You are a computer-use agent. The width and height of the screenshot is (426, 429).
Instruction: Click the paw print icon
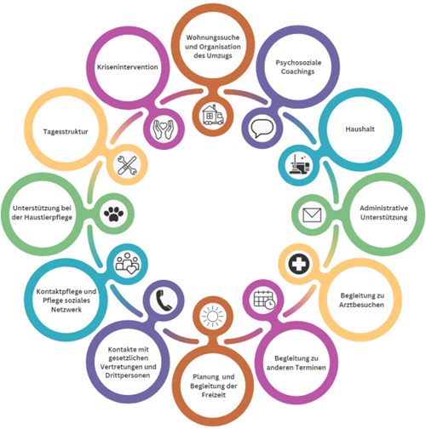(x=113, y=214)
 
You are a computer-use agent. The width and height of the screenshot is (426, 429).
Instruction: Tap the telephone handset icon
(x=164, y=300)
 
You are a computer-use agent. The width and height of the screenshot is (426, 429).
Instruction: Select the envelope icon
(x=312, y=214)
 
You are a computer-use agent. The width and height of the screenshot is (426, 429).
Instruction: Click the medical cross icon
(x=299, y=264)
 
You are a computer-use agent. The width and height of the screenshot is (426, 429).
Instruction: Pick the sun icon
(x=212, y=316)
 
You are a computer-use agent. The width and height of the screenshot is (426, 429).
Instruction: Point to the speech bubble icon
(x=262, y=128)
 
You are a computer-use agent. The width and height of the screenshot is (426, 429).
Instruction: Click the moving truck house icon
(x=213, y=115)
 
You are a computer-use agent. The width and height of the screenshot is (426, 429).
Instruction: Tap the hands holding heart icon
(x=164, y=129)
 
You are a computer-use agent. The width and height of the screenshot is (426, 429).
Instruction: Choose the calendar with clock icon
(x=264, y=300)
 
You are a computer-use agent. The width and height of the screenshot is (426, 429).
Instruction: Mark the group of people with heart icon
(x=127, y=263)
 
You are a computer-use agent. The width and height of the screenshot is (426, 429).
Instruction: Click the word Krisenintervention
(x=128, y=67)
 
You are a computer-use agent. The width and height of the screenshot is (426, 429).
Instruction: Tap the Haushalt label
(x=360, y=129)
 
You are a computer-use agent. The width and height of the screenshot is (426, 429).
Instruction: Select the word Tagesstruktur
(x=66, y=132)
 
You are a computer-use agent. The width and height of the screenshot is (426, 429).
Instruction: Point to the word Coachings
(x=297, y=71)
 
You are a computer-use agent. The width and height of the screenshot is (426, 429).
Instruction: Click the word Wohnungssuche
(x=213, y=37)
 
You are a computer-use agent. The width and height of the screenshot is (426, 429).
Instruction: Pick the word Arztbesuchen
(x=361, y=305)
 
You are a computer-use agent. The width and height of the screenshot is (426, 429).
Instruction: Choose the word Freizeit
(x=214, y=395)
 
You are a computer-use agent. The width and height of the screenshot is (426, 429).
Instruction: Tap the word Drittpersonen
(x=128, y=375)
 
